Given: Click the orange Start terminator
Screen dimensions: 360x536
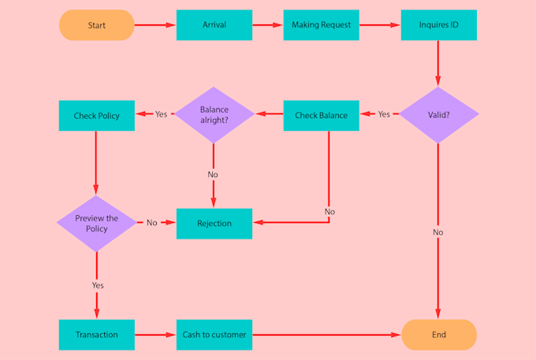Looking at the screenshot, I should pos(96,25).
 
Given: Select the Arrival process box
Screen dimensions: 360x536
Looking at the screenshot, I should pos(214,25).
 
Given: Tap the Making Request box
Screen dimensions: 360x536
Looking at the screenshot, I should pos(321,25).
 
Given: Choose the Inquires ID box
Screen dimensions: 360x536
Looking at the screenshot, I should pos(438,25).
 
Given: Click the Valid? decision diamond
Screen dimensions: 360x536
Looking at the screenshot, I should pos(438,115).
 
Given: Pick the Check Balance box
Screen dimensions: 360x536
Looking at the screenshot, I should pos(321,115).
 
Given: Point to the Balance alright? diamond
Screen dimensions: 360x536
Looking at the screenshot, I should pos(214,115).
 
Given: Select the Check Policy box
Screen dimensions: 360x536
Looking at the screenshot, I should pos(96,115).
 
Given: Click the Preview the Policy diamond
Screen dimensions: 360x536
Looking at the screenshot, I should pos(96,223).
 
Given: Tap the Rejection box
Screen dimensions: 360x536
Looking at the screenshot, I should pos(214,223).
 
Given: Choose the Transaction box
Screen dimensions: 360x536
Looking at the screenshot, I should pos(96,335).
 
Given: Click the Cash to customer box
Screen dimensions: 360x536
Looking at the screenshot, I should pos(214,335).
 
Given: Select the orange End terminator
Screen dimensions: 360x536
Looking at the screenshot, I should pos(438,335).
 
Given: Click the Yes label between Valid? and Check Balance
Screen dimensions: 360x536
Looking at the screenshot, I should pos(384,115).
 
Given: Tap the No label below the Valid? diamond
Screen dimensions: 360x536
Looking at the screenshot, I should pos(438,232).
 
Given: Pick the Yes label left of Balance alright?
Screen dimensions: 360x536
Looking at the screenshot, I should pos(161,115).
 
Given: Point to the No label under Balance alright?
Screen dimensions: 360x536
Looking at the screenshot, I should pos(213,174).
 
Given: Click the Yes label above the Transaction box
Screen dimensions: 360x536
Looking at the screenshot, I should pos(98,285).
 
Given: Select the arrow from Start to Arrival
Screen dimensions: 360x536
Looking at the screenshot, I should pos(154,25).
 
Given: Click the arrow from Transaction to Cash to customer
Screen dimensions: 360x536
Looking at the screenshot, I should pos(154,335).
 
